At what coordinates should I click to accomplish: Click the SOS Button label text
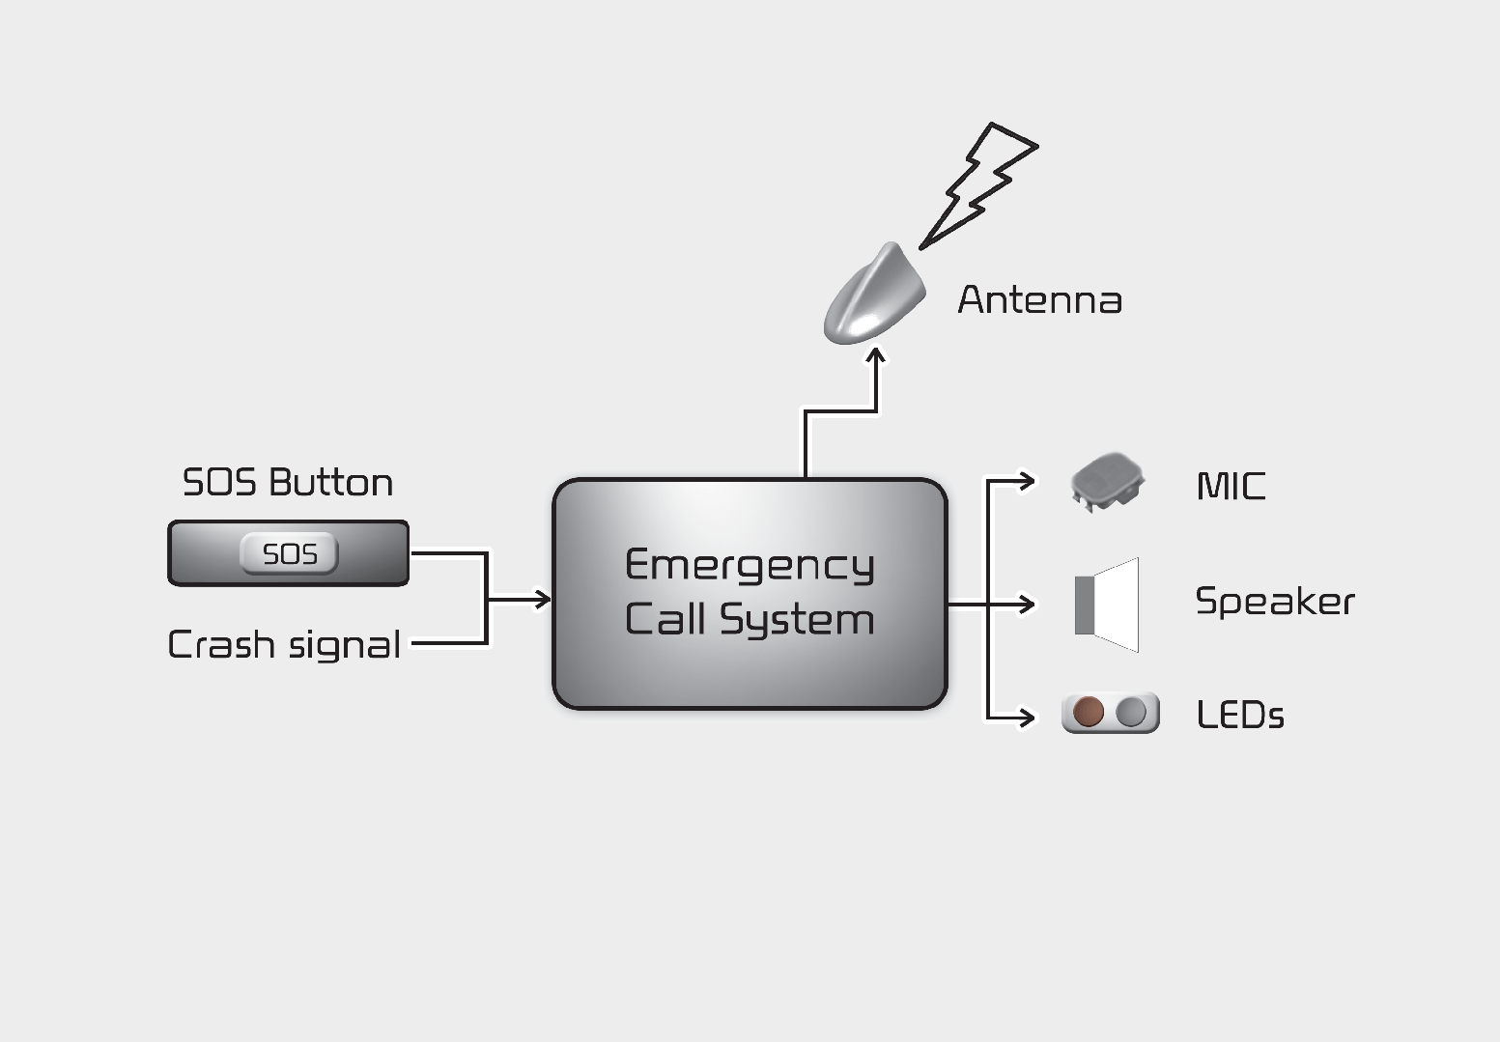pos(288,483)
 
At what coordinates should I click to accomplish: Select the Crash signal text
pos(284,645)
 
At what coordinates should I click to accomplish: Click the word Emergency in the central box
pos(750,566)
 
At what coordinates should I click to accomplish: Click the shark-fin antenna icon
pos(873,296)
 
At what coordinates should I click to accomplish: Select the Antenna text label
pos(1039,300)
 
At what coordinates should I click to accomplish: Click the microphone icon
pos(1107,480)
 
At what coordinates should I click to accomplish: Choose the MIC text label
pos(1231,486)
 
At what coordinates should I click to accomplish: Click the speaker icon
pos(1107,605)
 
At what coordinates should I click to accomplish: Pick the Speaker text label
pos(1275,602)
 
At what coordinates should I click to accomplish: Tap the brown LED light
pos(1088,714)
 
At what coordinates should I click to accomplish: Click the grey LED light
pos(1131,714)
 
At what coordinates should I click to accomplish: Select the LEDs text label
pos(1240,716)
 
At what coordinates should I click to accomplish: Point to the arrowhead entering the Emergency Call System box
pos(542,600)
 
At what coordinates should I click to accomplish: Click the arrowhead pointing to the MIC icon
pos(1027,479)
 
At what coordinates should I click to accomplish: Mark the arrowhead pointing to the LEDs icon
pos(1027,718)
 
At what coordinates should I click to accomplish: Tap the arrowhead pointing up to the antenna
pos(876,357)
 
